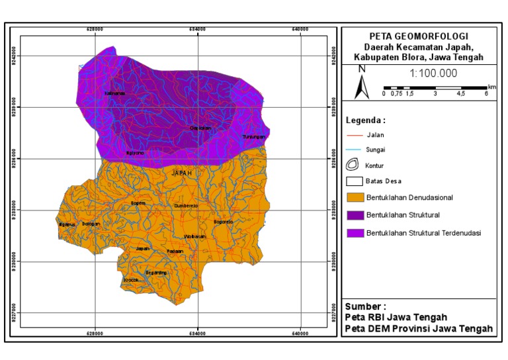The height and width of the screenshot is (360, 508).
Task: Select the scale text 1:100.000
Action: pos(433,73)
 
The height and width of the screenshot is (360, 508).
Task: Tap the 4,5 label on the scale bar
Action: pos(461,94)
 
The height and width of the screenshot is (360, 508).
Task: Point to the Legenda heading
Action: pos(365,120)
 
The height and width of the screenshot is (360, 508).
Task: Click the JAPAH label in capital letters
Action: pos(181,173)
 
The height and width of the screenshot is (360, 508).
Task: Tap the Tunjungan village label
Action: pos(253,137)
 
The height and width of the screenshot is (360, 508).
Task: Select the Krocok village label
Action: pos(131,280)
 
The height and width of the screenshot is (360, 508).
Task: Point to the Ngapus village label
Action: pos(67,224)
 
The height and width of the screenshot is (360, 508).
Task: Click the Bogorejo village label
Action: pos(224,222)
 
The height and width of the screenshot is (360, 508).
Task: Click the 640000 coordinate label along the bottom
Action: pos(300,334)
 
